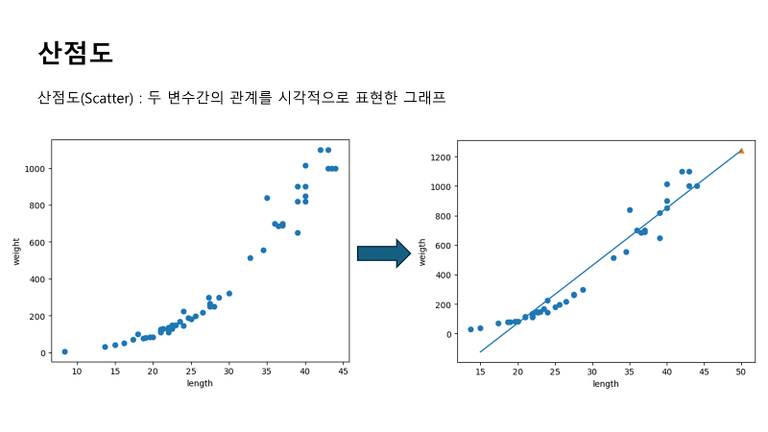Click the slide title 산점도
coord(76,53)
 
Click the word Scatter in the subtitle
coord(107,99)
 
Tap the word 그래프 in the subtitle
coord(424,97)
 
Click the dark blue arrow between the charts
coord(384,253)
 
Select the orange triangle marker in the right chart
coord(741,151)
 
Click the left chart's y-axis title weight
coord(16,252)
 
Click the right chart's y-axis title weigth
coord(422,252)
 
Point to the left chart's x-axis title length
coord(200,383)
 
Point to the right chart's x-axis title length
coord(606,384)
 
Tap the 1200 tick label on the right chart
coord(441,157)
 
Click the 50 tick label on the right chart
coord(740,372)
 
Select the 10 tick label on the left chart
coord(77,372)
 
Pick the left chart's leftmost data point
coord(64,351)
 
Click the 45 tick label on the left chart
coord(343,372)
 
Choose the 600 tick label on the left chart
coord(36,243)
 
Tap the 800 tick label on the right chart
coord(443,216)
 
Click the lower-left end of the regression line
coord(480,351)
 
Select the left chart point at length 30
coord(228,294)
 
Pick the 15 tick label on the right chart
coord(480,372)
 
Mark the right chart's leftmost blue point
coord(470,329)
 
